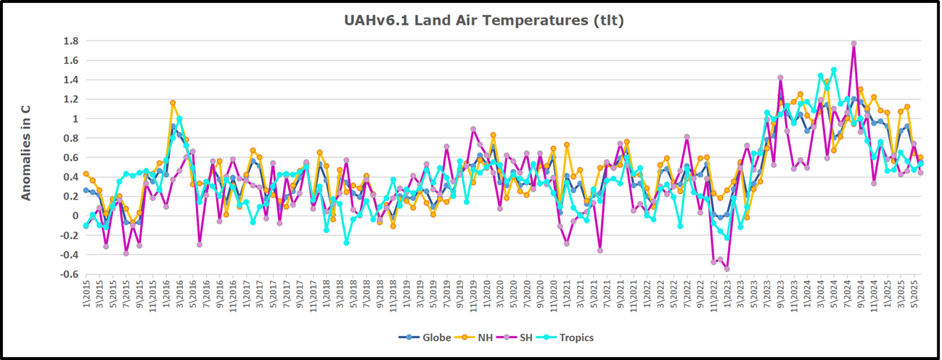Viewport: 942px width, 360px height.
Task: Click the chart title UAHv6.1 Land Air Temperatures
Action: pyautogui.click(x=484, y=20)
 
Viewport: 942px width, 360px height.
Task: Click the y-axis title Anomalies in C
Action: pyautogui.click(x=26, y=152)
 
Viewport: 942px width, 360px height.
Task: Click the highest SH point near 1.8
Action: pyautogui.click(x=853, y=44)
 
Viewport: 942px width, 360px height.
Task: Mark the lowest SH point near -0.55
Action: pyautogui.click(x=726, y=269)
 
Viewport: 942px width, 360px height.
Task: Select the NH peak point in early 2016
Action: pyautogui.click(x=173, y=103)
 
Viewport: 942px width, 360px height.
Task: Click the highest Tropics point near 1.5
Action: pyautogui.click(x=834, y=70)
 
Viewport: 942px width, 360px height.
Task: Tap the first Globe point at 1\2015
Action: pyautogui.click(x=86, y=190)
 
